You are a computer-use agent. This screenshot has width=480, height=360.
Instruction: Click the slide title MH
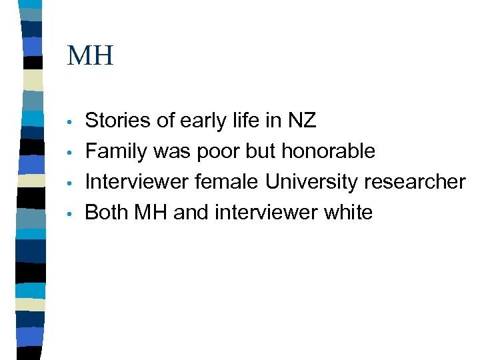[x=91, y=55]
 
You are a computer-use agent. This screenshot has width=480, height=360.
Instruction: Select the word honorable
[x=329, y=151]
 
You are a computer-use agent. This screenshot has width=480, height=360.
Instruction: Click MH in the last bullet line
[x=151, y=213]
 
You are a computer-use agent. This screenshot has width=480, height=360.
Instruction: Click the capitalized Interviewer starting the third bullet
[x=137, y=182]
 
